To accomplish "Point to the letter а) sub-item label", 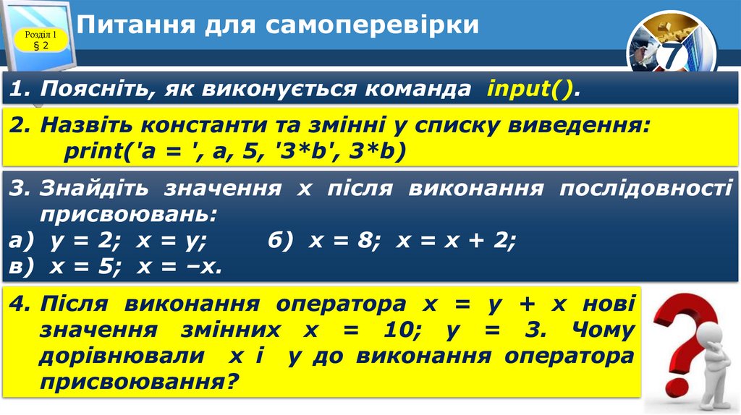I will (x=24, y=241).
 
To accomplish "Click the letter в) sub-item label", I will (x=24, y=266).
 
